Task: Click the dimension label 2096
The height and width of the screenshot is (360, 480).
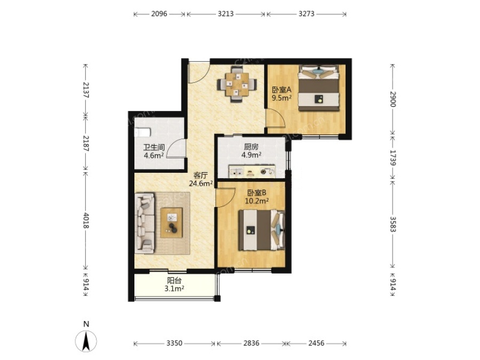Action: [159, 14]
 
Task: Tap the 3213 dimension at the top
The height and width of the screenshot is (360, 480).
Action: [226, 14]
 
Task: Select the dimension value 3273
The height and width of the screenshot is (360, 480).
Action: [307, 14]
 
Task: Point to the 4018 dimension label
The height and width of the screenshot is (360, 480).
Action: [85, 220]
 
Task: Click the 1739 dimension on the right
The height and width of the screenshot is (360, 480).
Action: [393, 158]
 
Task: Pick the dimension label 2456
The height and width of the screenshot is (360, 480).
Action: [316, 343]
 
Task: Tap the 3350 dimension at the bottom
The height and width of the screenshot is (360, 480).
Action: [174, 343]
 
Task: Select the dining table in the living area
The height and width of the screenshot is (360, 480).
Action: [237, 84]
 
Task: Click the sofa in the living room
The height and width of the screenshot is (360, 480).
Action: [145, 223]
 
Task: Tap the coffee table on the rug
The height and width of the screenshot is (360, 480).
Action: [171, 222]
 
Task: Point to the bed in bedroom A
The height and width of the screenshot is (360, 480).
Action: [319, 88]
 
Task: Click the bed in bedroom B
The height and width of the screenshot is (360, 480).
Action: [262, 230]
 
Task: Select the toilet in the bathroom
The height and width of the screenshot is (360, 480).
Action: [142, 133]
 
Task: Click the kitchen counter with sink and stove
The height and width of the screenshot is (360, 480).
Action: [252, 171]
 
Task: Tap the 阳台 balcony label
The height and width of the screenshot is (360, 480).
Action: [174, 281]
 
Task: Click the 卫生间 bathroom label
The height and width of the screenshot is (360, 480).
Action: [154, 148]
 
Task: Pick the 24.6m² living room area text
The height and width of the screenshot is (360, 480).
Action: [201, 183]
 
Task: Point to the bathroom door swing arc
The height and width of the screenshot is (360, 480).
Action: [176, 148]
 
